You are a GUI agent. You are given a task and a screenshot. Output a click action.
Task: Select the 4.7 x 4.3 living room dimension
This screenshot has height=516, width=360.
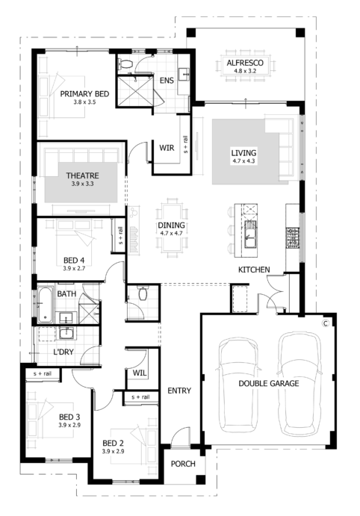coord(243,161)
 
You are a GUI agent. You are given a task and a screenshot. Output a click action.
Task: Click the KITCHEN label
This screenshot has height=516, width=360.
coord(254,269)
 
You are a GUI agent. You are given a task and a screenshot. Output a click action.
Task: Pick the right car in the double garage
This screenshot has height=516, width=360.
coord(298,385)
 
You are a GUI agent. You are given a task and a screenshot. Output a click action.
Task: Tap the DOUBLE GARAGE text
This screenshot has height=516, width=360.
coord(269,383)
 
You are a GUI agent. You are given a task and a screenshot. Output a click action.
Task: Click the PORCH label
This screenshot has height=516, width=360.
coord(183,464)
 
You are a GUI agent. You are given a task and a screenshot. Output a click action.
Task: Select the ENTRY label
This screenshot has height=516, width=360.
coord(180,391)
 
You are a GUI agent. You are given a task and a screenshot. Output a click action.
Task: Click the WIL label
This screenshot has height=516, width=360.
coord(140,372)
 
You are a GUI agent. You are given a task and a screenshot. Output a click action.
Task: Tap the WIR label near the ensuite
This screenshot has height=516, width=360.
coord(167,148)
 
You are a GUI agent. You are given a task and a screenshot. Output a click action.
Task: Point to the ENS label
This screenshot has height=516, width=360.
coord(166,80)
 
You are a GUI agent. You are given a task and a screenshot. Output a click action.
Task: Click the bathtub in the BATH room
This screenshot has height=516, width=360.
coord(42,304)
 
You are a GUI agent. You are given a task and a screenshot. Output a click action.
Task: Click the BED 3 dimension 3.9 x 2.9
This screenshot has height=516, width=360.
coord(69,425)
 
